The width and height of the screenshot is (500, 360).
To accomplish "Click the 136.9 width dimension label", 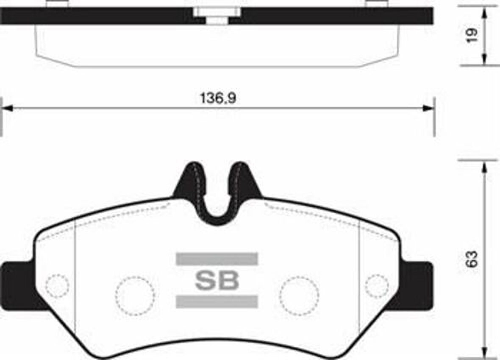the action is pyautogui.click(x=218, y=98).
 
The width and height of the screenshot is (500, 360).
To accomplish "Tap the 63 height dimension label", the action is pyautogui.click(x=472, y=259).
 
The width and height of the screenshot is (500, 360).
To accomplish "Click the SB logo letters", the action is pyautogui.click(x=217, y=281).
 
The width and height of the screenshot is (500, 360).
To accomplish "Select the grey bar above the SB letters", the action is pyautogui.click(x=217, y=259).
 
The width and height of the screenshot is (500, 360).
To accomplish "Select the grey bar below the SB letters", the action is pyautogui.click(x=217, y=301).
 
